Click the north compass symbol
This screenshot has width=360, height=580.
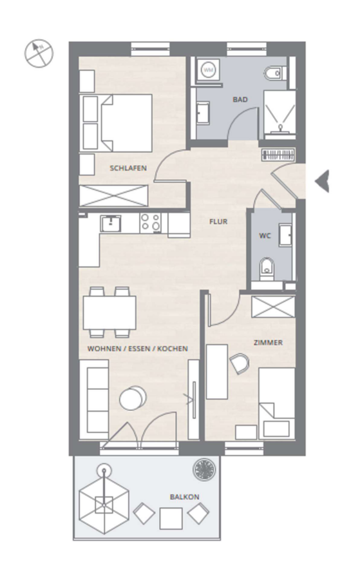click(x=39, y=53)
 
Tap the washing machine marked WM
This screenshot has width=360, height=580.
click(x=209, y=70)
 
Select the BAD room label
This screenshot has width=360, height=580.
click(x=240, y=99)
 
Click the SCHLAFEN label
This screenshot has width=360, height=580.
click(x=128, y=168)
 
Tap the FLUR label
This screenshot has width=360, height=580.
click(x=218, y=222)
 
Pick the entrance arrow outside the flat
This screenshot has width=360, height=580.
click(x=322, y=181)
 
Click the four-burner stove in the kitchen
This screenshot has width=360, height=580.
click(x=151, y=223)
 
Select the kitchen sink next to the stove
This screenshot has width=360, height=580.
click(x=111, y=224)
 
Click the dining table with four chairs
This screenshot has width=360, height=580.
click(x=109, y=312)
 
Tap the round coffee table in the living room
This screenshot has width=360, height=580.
click(x=132, y=398)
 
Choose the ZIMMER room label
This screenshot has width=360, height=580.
click(x=268, y=343)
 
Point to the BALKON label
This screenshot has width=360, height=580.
click(x=184, y=497)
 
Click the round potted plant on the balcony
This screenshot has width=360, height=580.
click(x=204, y=470)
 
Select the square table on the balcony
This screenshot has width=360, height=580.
click(x=171, y=518)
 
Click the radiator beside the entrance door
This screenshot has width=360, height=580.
click(x=278, y=155)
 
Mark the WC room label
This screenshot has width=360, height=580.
click(x=265, y=236)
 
